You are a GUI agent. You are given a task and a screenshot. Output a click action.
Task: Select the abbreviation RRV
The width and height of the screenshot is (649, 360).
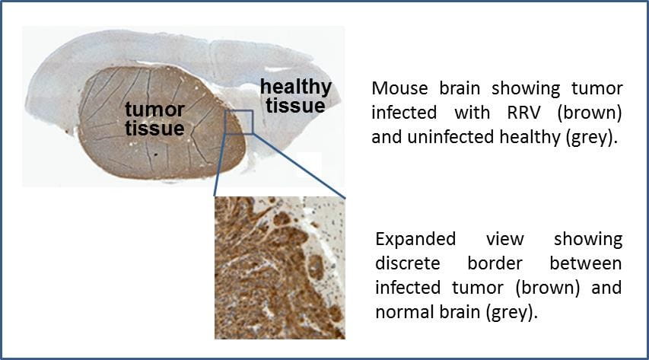click(523, 113)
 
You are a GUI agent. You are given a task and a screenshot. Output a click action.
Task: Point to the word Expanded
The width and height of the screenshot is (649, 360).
click(415, 239)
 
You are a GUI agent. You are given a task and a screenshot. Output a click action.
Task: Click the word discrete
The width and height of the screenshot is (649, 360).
click(408, 263)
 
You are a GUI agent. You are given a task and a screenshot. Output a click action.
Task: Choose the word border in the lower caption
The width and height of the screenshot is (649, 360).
click(495, 263)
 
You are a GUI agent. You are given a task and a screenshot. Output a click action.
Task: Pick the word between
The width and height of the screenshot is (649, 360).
click(586, 263)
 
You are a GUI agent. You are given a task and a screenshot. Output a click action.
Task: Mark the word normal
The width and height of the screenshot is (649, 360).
click(399, 312)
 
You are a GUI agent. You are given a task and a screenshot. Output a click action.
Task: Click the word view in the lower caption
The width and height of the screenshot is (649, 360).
click(505, 240)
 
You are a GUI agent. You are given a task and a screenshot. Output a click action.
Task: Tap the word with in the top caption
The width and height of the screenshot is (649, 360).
click(472, 113)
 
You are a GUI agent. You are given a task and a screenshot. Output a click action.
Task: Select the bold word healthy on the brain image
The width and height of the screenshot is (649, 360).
click(296, 88)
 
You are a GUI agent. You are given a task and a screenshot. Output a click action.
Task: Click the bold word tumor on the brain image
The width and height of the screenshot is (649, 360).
click(154, 110)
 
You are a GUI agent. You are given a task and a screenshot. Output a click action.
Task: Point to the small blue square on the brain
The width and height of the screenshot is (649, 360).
click(239, 122)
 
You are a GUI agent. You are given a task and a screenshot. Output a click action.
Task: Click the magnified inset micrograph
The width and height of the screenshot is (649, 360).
click(280, 268)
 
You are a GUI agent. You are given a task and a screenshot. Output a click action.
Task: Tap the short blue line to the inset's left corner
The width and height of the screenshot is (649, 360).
click(220, 164)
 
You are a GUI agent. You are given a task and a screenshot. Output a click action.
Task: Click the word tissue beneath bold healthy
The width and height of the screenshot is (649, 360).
click(295, 106)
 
